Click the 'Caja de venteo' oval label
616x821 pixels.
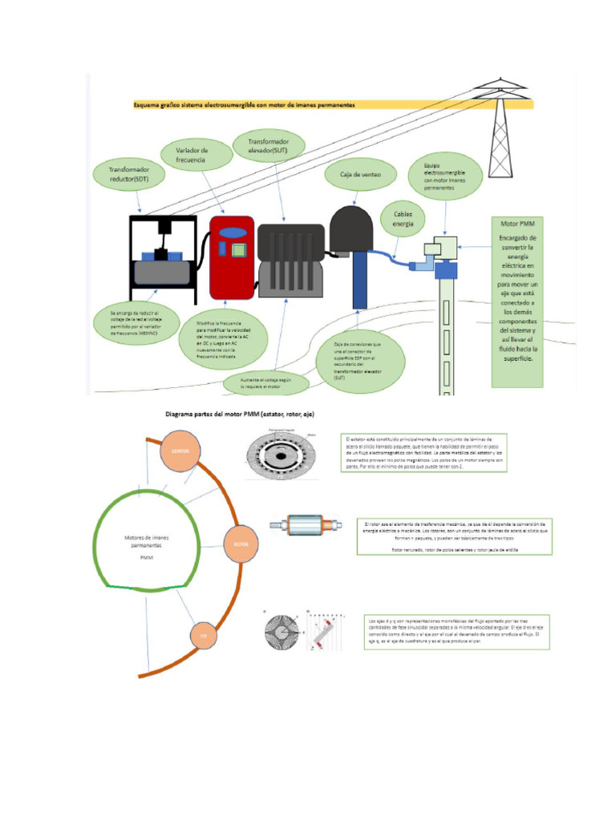355,174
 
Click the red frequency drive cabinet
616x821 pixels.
232,257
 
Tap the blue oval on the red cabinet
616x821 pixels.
232,233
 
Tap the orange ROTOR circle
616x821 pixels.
241,544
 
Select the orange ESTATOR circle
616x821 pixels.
180,451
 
